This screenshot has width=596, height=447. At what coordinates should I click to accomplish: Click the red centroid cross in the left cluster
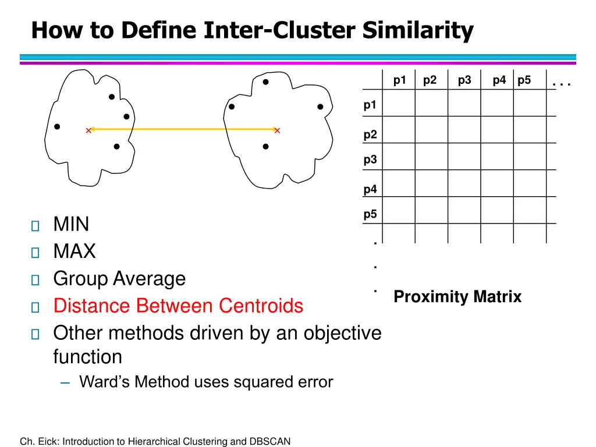point(88,130)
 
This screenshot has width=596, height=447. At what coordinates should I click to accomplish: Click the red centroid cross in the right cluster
point(278,130)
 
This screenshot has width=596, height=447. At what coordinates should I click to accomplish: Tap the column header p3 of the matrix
point(464,80)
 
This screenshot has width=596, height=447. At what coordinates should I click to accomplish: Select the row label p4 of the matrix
point(370,189)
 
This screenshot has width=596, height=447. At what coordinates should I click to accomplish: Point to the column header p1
point(399,80)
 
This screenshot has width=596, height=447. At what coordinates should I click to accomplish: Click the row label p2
point(370,135)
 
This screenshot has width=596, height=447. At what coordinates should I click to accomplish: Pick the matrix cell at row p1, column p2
point(431,103)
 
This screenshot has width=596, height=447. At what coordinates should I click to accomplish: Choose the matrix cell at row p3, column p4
point(496,157)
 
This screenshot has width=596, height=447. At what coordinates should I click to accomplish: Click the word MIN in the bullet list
point(71,224)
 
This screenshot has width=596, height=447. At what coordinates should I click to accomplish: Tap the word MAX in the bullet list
point(74,251)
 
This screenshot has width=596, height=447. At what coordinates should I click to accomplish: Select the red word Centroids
point(261,306)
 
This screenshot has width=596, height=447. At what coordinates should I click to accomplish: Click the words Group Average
point(119,279)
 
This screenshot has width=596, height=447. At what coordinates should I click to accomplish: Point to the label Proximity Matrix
point(457,297)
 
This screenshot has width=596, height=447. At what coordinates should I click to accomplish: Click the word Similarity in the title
point(418,30)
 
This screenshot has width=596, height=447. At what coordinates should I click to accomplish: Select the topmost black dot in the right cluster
point(265,82)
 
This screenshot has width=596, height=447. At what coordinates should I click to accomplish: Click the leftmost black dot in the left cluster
point(57,126)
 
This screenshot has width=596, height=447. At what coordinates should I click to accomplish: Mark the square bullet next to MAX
point(35,253)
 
